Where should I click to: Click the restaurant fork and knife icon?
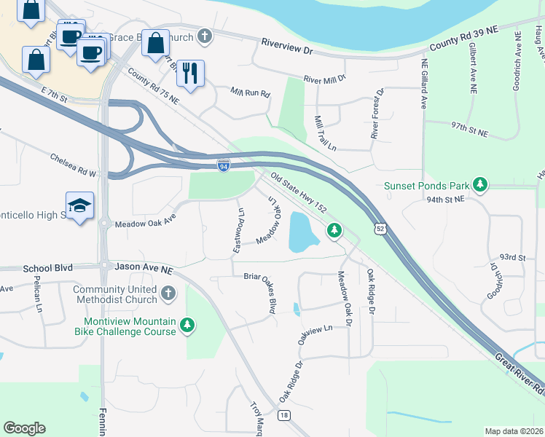pos(190,73)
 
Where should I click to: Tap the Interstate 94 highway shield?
pos(224,165)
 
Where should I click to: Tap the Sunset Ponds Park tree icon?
pos(480,184)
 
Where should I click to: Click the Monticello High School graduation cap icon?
pos(79,206)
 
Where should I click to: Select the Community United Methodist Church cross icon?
pos(168,294)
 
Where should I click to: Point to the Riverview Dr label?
pos(287,51)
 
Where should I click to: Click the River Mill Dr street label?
pos(324,76)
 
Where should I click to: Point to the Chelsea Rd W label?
pos(74,165)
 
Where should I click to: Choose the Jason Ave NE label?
pos(144,269)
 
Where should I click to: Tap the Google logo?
pos(24,428)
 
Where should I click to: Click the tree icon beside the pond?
pos(334,230)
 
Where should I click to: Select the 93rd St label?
pos(512,258)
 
